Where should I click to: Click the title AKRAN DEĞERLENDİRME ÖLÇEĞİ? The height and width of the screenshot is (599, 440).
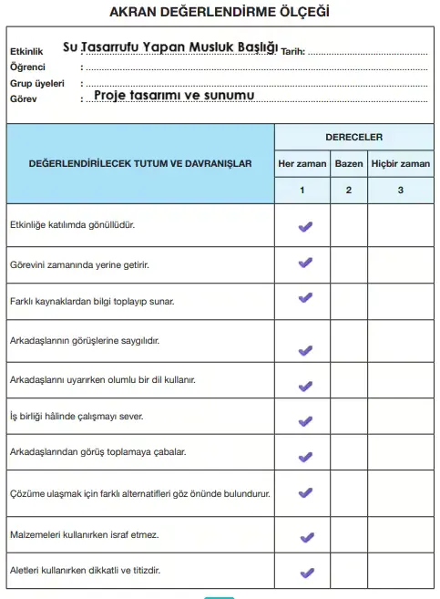pyautogui.click(x=220, y=13)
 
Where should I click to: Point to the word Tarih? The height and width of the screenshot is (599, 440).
pyautogui.click(x=293, y=52)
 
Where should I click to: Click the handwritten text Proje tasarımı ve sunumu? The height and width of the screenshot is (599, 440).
pyautogui.click(x=173, y=94)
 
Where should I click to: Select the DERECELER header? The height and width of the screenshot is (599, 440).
pyautogui.click(x=353, y=137)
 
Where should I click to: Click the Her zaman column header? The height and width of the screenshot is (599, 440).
pyautogui.click(x=302, y=164)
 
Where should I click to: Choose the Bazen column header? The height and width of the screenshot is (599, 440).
pyautogui.click(x=348, y=164)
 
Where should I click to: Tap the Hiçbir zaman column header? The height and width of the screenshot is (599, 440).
pyautogui.click(x=400, y=164)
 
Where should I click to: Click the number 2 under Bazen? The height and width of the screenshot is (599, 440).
pyautogui.click(x=348, y=191)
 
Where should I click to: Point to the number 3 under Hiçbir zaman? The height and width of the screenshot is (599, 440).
pyautogui.click(x=400, y=191)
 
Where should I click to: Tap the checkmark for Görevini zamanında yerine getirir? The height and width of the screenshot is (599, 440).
pyautogui.click(x=305, y=263)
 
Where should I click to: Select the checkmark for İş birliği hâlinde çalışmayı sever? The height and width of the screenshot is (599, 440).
pyautogui.click(x=305, y=422)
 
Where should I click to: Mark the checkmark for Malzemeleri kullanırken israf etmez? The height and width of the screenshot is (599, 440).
pyautogui.click(x=305, y=537)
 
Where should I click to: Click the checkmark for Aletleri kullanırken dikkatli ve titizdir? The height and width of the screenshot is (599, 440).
pyautogui.click(x=306, y=573)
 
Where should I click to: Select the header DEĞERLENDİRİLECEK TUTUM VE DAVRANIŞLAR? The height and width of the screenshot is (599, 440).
pyautogui.click(x=140, y=164)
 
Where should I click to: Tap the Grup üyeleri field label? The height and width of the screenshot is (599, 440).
pyautogui.click(x=36, y=81)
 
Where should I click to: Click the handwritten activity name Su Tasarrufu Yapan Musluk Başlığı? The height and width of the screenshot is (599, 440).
pyautogui.click(x=170, y=46)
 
